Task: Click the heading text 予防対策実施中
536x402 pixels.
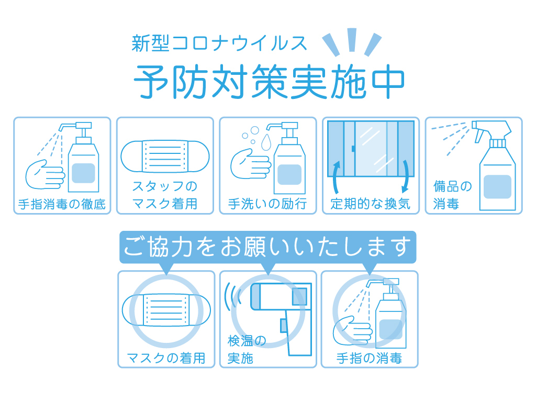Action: coord(269,81)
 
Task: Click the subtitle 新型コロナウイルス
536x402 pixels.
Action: coord(219,43)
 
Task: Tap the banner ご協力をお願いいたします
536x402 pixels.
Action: coord(267,247)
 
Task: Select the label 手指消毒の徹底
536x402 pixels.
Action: coord(62,204)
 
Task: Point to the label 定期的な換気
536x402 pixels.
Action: coord(371,204)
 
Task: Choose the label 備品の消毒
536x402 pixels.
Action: coord(453,195)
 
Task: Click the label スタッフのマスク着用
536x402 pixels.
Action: coord(165,195)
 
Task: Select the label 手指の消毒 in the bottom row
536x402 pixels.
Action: coord(369,358)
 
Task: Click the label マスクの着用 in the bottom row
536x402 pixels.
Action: coord(166,358)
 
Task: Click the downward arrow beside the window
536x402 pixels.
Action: coord(406,176)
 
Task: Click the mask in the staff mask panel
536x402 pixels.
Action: coord(165,156)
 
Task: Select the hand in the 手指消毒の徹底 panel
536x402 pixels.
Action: coord(45,174)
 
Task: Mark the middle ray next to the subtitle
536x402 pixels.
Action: coord(352,40)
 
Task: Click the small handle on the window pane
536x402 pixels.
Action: coord(353,149)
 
